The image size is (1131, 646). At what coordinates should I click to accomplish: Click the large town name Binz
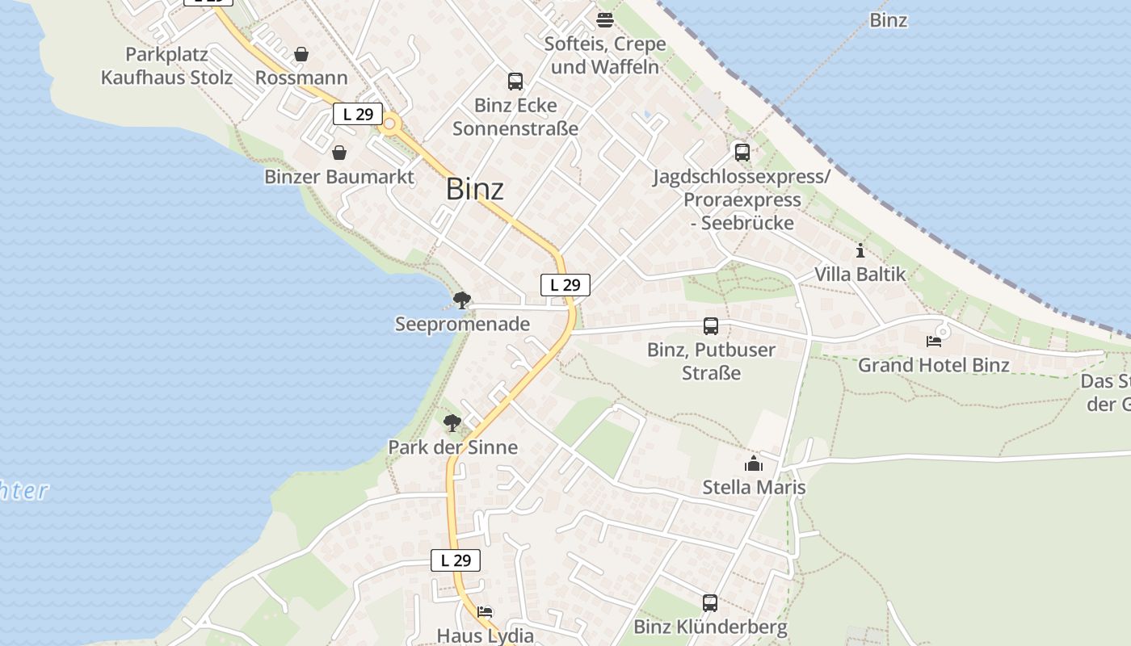tap(474, 189)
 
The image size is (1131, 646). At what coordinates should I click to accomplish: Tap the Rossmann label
tap(301, 78)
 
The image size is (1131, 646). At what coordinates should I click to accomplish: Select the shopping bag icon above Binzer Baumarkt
tap(339, 153)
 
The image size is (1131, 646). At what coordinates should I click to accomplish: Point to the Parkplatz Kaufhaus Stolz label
tap(166, 66)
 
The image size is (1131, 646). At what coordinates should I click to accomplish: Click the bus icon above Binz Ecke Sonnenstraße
tap(515, 81)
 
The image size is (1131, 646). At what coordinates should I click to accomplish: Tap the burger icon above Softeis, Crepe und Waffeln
tap(605, 20)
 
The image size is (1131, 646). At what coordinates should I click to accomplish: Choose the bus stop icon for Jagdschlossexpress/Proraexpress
tap(742, 152)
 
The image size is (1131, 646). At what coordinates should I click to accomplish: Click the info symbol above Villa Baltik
tap(860, 250)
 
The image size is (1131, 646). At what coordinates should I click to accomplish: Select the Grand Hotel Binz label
tap(933, 365)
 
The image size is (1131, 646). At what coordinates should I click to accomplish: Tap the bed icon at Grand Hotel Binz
tap(934, 341)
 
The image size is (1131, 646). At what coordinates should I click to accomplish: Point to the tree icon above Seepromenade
tap(461, 301)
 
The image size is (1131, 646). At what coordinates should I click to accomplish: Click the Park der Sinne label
tap(452, 447)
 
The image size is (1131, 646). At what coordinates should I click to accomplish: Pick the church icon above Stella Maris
tap(754, 464)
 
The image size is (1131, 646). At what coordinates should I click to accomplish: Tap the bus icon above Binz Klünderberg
tap(709, 602)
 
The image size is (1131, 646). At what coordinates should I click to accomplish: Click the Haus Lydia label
tap(485, 636)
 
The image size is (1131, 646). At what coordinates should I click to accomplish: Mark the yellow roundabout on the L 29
tap(390, 124)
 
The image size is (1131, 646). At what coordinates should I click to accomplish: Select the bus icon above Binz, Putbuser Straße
tap(710, 325)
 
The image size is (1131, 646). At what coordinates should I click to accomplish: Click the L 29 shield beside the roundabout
tap(357, 114)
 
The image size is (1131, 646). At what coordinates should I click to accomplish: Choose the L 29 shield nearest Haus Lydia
tap(456, 560)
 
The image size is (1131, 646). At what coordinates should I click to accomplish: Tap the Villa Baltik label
tap(860, 275)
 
